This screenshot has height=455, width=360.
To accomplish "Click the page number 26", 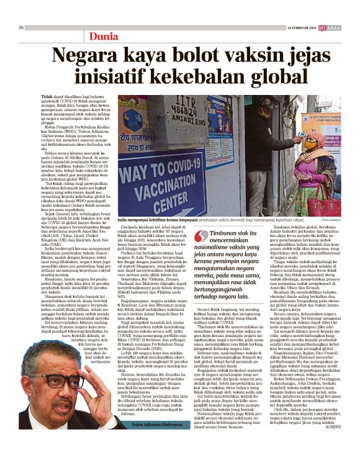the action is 21,27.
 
